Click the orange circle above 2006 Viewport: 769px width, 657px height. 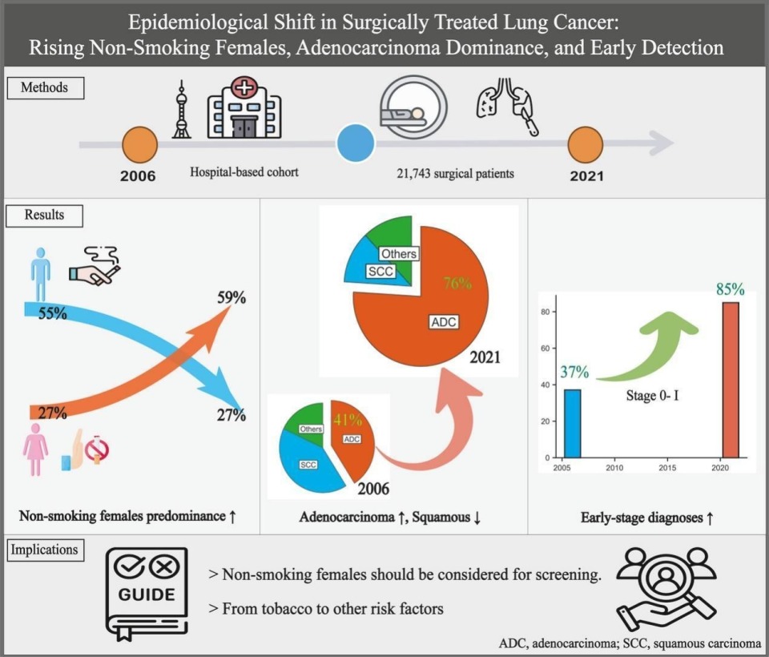tap(139, 145)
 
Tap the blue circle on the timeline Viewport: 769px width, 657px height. tap(356, 143)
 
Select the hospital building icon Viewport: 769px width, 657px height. tap(244, 107)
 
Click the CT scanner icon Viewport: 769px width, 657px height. tap(414, 107)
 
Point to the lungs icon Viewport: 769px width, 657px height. tap(508, 106)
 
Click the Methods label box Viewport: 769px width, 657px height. tap(45, 88)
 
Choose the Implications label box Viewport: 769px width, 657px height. tap(45, 550)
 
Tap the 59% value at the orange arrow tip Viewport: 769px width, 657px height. tap(232, 297)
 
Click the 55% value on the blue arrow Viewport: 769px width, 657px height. tap(53, 313)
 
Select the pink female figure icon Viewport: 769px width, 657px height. tap(35, 449)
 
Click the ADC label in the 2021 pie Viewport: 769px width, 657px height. tap(444, 322)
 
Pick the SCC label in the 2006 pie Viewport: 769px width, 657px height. tap(308, 465)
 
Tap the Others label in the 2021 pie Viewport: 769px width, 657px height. tap(399, 254)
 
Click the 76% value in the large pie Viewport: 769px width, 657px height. tap(457, 283)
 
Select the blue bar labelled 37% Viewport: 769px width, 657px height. tap(572, 423)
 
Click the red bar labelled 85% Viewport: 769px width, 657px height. tap(731, 380)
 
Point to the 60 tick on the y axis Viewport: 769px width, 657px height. tap(545, 349)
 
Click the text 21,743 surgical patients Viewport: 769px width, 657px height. tap(456, 173)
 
